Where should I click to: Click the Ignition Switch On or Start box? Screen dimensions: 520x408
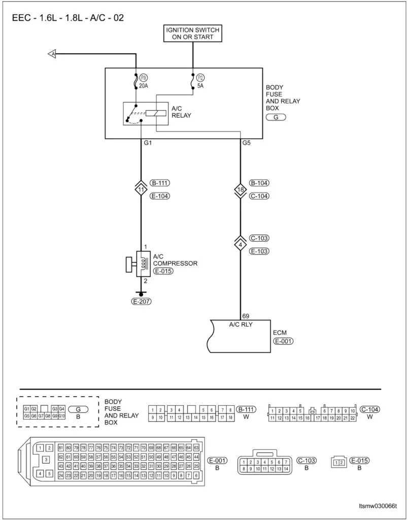pos(193,34)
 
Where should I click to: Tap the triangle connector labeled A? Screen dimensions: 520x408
pos(51,53)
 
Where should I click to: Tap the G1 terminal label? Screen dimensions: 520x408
pos(148,143)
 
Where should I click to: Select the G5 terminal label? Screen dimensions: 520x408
pos(247,143)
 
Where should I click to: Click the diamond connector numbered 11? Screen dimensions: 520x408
pos(141,189)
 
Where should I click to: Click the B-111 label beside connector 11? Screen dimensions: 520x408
pos(160,183)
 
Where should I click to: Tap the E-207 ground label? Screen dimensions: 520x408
pos(141,301)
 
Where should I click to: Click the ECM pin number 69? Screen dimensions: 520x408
pos(246,316)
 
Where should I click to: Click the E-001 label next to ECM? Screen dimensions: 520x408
pos(284,342)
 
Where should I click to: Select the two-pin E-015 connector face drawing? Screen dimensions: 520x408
pos(338,462)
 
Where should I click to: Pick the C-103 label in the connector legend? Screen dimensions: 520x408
pos(307,460)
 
